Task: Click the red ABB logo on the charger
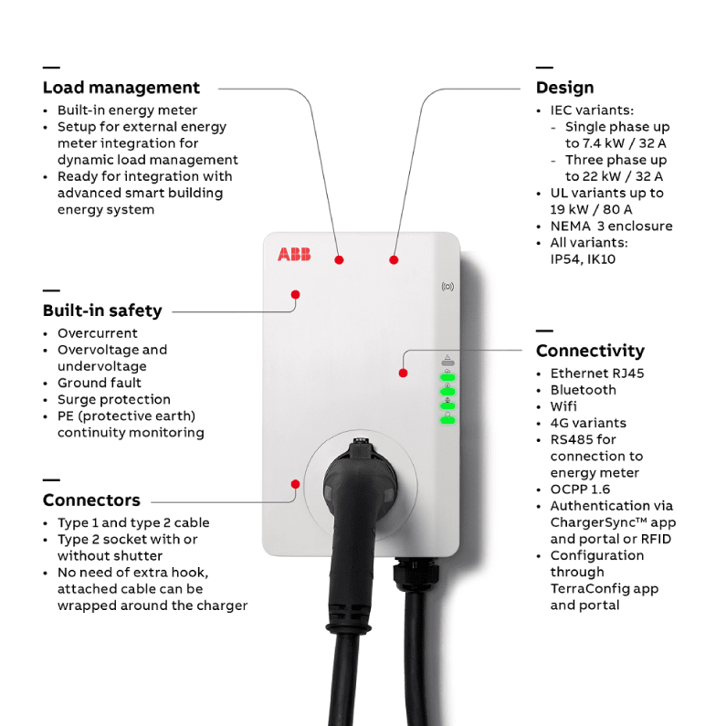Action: [294, 254]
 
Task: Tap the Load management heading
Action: [121, 88]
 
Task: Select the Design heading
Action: [565, 88]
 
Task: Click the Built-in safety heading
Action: [102, 310]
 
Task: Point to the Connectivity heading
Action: [590, 351]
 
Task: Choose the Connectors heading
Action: [91, 500]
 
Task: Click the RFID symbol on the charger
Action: [447, 287]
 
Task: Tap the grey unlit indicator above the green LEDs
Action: [447, 363]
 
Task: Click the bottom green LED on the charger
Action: [447, 420]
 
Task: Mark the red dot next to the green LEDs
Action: [404, 374]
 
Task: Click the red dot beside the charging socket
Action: [295, 484]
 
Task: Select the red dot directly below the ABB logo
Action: [295, 294]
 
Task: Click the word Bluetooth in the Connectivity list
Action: [584, 390]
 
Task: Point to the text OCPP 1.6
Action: [580, 489]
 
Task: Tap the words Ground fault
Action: [100, 383]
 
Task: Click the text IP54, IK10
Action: [583, 259]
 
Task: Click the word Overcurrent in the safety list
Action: [98, 333]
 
